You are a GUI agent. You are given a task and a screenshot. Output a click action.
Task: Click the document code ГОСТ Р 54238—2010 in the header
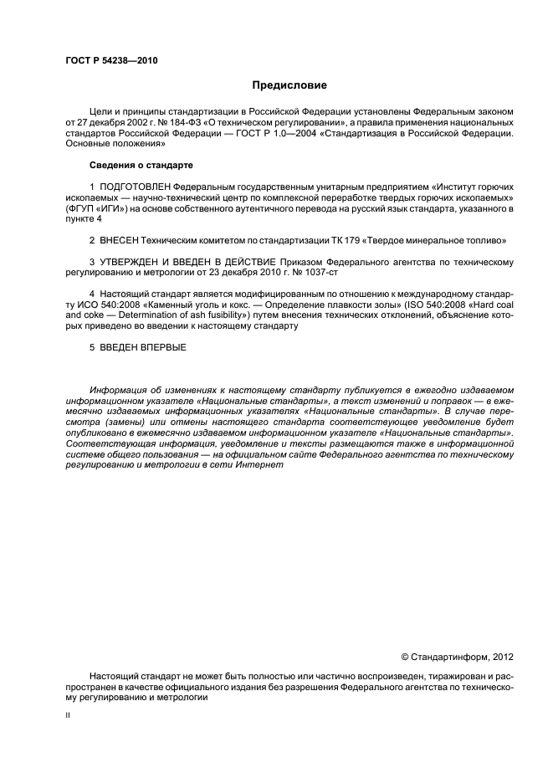[110, 62]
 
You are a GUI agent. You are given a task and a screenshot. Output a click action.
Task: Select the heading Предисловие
[289, 85]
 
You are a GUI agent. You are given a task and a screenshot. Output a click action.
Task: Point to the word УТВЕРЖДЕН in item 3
[133, 262]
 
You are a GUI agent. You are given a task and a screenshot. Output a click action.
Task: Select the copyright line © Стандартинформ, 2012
[457, 657]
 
